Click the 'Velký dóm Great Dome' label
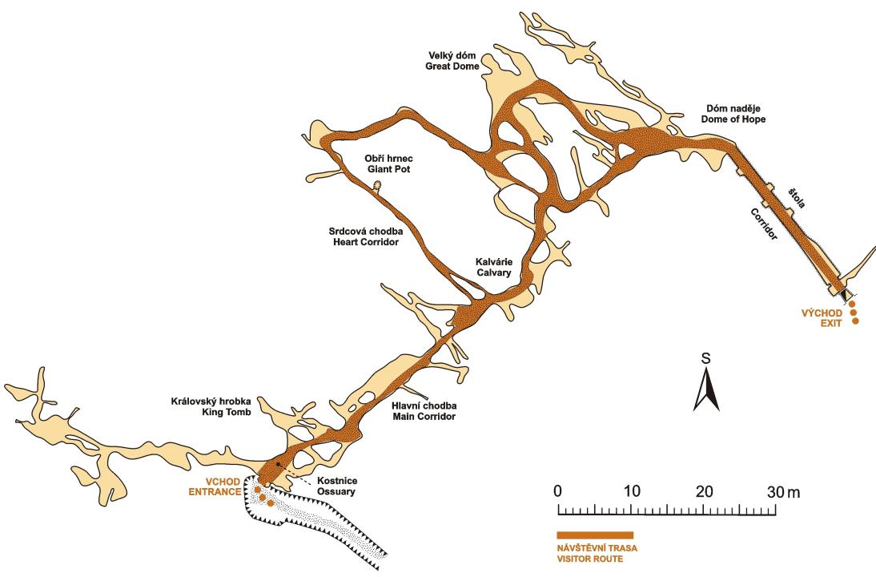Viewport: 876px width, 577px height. pos(452,61)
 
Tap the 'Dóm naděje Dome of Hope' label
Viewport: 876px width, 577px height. pos(733,114)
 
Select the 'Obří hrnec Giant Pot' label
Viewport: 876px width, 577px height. pos(389,163)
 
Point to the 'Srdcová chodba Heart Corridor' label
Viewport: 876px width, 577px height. pos(366,236)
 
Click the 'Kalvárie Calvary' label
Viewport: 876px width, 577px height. pos(493,267)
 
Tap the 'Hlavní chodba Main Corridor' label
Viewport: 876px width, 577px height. pos(424,411)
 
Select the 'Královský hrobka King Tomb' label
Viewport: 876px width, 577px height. pos(211,406)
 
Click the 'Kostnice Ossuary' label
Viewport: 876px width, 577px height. pos(336,486)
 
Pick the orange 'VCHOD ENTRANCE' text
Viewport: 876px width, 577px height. pos(215,487)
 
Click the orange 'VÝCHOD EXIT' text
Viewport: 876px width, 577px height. pos(822,318)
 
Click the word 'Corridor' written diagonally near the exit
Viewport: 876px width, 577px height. pos(764,224)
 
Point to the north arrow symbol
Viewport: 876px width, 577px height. pos(706,391)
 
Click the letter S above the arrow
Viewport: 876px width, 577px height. pos(706,358)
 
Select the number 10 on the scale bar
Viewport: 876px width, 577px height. pos(632,491)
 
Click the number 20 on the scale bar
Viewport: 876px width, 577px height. pos(705,491)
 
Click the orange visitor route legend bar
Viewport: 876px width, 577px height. pos(595,535)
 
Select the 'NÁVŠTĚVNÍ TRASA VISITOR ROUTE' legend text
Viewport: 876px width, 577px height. pos(597,554)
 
